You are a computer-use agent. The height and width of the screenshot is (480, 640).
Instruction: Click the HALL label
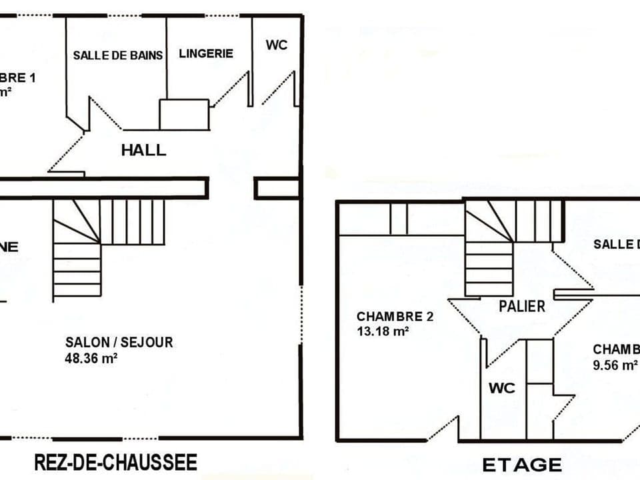click(x=143, y=150)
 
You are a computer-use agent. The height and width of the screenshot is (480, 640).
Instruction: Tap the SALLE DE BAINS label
click(x=118, y=55)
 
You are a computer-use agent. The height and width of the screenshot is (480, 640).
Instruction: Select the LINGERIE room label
click(x=206, y=53)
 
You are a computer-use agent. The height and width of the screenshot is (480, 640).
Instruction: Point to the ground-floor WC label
click(x=277, y=45)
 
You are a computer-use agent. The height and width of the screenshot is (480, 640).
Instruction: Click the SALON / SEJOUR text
click(x=119, y=342)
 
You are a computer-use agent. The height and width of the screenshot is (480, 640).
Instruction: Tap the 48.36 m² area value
click(x=91, y=358)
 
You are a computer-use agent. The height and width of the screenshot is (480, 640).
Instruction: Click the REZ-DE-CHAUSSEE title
click(x=115, y=461)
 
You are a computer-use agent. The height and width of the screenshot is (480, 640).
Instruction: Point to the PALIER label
click(x=522, y=306)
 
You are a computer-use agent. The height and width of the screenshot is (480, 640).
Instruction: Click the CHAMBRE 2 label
click(x=395, y=316)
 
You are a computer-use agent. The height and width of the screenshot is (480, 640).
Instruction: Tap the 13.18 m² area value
click(x=383, y=331)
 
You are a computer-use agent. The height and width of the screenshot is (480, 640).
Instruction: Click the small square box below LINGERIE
click(x=184, y=115)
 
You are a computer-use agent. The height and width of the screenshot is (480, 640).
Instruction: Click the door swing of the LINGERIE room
click(x=231, y=90)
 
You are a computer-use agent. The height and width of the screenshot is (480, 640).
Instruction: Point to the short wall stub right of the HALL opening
click(x=277, y=188)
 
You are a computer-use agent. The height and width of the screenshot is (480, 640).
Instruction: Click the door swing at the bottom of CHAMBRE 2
click(x=443, y=428)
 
